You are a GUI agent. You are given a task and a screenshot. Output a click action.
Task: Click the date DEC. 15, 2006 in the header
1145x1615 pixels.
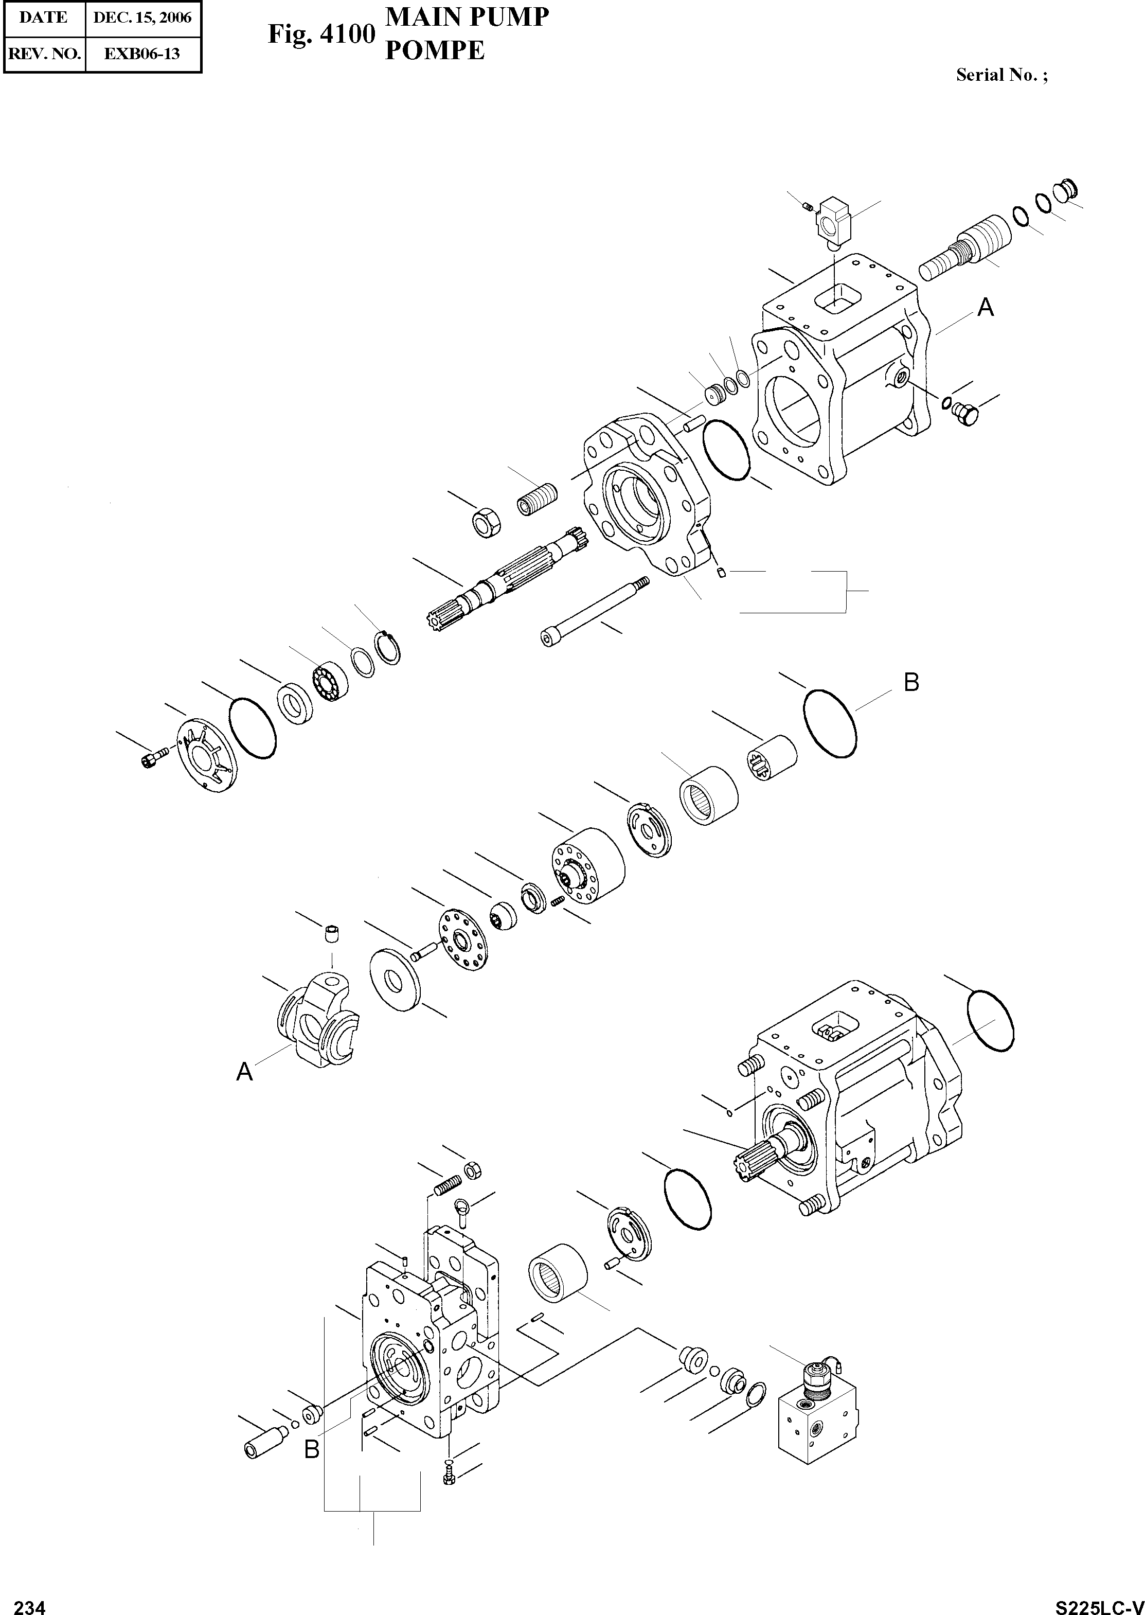click(x=142, y=17)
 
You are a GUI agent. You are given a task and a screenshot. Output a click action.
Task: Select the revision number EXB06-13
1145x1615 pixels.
click(x=142, y=54)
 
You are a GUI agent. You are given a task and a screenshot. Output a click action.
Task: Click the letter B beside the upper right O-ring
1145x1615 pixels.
click(x=911, y=683)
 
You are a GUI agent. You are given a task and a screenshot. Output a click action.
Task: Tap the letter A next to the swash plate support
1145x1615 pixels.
click(x=244, y=1073)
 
